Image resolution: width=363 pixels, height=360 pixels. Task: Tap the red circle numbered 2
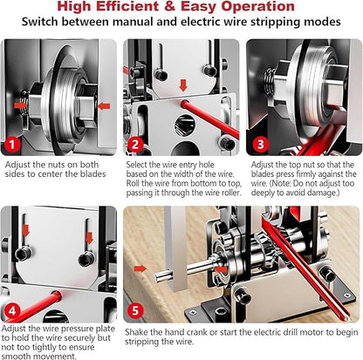[135, 144]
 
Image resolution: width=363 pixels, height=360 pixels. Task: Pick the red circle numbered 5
[135, 309]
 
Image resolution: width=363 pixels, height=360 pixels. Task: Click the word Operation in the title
[263, 8]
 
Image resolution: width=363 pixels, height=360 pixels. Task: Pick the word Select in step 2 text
[141, 164]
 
